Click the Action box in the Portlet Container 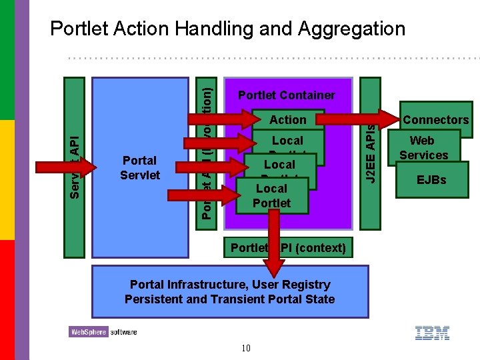point(287,120)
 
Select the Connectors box point(436,120)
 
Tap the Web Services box point(423,147)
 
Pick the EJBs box point(431,180)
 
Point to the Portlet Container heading point(287,95)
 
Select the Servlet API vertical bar point(74,167)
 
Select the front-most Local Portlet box point(272,195)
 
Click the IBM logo point(432,333)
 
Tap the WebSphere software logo point(103,331)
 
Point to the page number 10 point(246,347)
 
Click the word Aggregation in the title point(352,29)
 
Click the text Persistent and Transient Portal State point(229,299)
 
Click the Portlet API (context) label point(288,248)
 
